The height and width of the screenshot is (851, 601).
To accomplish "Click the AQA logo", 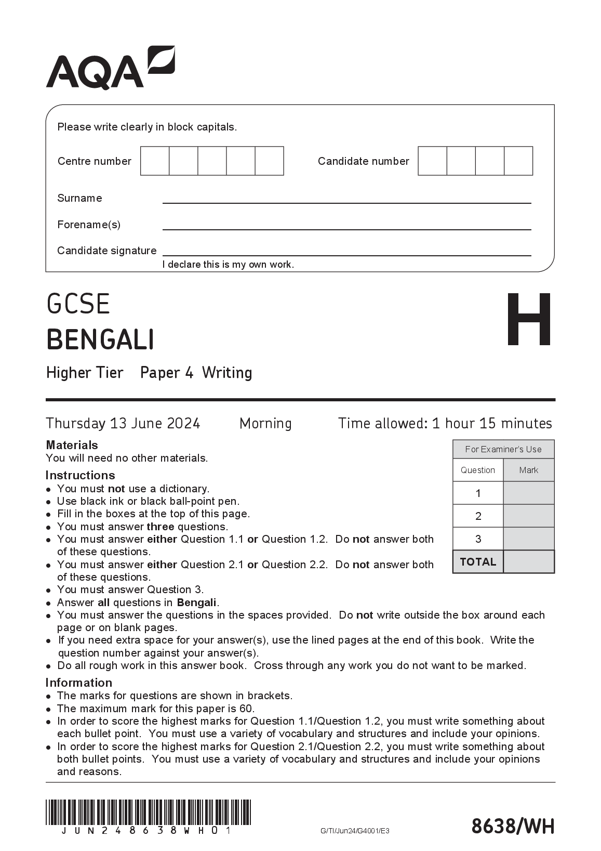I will (x=110, y=68).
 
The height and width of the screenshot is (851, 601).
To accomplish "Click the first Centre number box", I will (x=155, y=161).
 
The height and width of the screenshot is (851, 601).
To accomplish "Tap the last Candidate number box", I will (x=518, y=161).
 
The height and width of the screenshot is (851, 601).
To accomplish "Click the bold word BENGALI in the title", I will (x=100, y=340).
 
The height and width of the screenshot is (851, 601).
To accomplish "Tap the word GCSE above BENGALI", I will (x=78, y=304).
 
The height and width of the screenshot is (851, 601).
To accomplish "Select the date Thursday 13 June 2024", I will (x=123, y=423).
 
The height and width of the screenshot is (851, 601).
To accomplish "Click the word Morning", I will (x=265, y=423).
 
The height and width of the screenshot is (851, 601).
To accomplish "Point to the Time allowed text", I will (x=445, y=423).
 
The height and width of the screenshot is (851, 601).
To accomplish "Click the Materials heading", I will (x=72, y=445).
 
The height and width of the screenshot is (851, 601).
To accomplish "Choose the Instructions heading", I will (x=80, y=475).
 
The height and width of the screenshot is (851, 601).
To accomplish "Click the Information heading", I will (x=78, y=683).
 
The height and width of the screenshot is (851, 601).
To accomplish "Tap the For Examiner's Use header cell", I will (x=503, y=449).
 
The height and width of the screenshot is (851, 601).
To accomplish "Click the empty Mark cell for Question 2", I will (x=528, y=516).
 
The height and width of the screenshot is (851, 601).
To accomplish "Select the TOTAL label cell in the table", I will (x=478, y=562).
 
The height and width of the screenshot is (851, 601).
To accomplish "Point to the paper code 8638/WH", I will (x=513, y=826).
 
